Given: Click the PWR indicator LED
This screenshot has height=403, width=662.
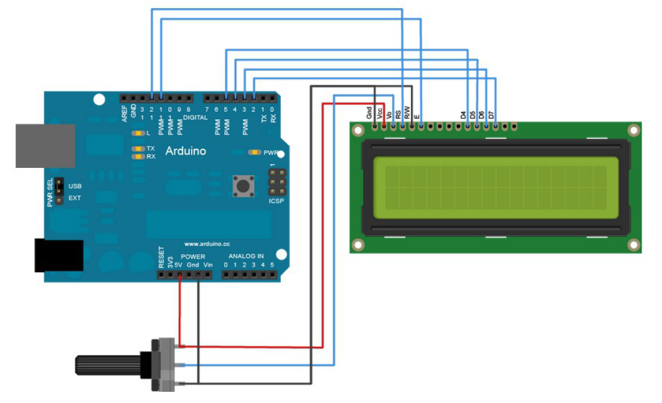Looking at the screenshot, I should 254,152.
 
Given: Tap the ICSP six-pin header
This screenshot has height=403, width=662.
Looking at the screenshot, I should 277,183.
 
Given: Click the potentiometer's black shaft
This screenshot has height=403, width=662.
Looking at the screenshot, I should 106,364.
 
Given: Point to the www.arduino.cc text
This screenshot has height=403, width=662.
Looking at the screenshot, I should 207,243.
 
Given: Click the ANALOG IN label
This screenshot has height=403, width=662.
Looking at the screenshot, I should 246,256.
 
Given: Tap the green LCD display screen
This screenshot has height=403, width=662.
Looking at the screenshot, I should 495,187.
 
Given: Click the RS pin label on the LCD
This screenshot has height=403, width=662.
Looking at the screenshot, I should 398,114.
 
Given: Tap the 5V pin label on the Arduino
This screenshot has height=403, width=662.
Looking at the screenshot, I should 179,266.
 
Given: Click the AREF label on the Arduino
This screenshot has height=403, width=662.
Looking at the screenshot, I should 125,113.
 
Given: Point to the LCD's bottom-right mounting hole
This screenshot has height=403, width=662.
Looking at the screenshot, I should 633,244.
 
